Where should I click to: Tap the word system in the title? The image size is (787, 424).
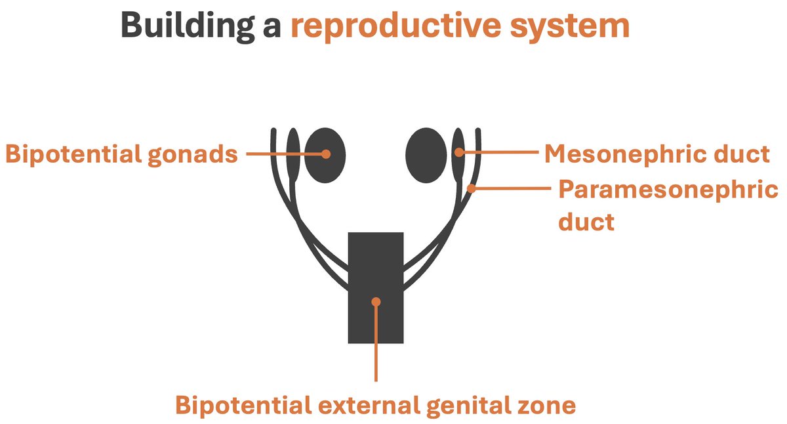[569, 27]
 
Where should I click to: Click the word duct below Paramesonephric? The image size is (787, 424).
[586, 221]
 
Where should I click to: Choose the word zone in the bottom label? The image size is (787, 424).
[552, 405]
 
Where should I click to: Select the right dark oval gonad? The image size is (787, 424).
[427, 155]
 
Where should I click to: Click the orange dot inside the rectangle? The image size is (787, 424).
[376, 302]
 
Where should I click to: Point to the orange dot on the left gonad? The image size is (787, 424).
[325, 154]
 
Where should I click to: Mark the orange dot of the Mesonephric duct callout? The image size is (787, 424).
[459, 153]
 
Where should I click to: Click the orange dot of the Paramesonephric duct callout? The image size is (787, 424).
[471, 188]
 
